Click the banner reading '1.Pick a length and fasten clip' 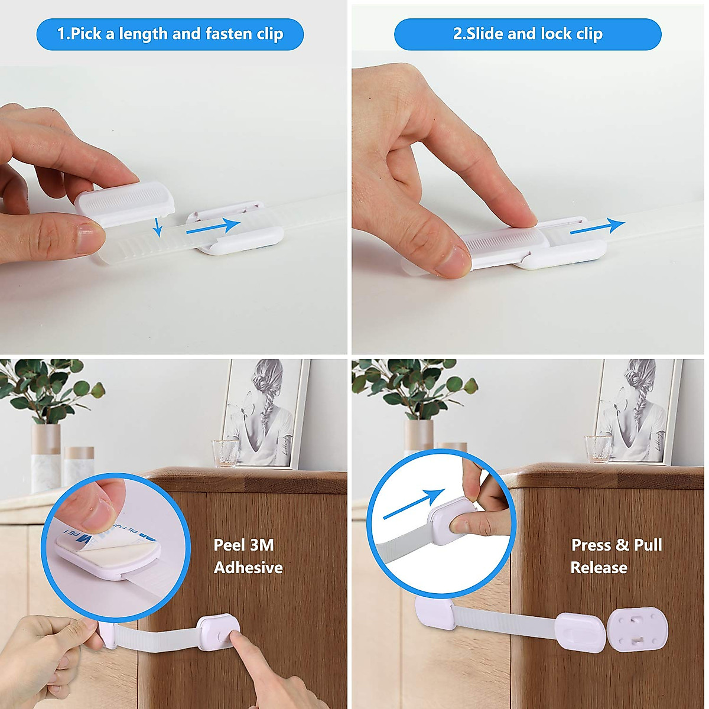coord(170,34)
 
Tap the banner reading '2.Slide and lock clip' coord(528,34)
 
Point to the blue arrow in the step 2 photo coord(597,227)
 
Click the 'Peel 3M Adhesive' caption coord(248,556)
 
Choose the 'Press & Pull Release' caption coord(616,556)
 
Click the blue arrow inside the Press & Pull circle coord(414,504)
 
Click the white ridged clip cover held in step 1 coord(125,203)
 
